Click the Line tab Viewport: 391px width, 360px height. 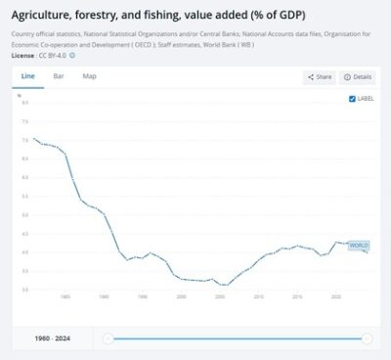(28, 75)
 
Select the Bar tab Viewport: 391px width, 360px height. (59, 75)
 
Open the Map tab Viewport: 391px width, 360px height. (89, 75)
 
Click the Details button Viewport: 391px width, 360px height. (358, 76)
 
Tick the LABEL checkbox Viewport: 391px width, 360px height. (352, 99)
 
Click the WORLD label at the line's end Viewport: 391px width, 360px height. (359, 245)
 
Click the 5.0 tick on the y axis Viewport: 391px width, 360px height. (25, 213)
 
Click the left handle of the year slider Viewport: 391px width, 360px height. (108, 338)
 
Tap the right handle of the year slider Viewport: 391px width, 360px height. (367, 338)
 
